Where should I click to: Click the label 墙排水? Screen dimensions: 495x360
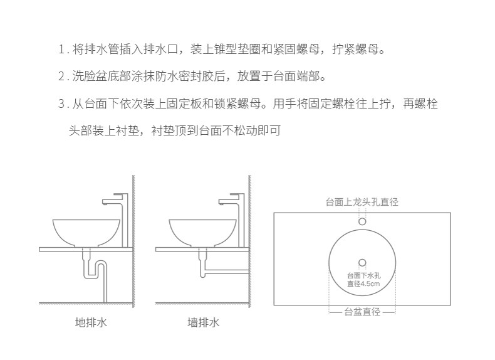click(x=204, y=323)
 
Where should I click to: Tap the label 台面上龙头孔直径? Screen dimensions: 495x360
click(x=362, y=202)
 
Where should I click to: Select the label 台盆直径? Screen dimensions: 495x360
click(x=362, y=312)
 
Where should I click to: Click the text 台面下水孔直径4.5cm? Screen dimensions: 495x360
click(x=363, y=280)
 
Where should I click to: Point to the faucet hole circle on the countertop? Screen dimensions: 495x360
click(x=362, y=221)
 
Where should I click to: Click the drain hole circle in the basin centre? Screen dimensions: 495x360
click(x=362, y=262)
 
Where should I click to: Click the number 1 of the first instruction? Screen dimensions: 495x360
click(x=61, y=50)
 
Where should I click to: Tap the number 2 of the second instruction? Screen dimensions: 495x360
click(x=61, y=77)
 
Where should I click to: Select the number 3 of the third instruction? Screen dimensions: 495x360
click(x=61, y=104)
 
